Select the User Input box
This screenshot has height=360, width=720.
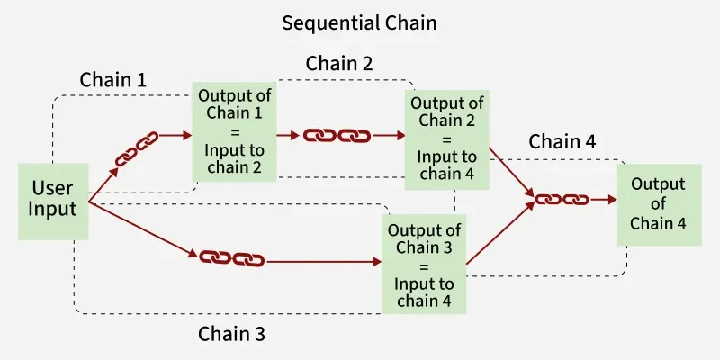click(x=53, y=201)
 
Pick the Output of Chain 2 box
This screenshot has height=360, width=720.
click(x=447, y=140)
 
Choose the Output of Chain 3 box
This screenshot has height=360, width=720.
click(x=424, y=264)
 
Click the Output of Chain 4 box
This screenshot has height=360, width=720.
click(x=658, y=203)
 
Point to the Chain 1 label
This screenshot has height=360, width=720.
click(x=113, y=79)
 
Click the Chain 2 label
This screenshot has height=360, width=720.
click(x=339, y=64)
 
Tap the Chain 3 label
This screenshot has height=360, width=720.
click(x=231, y=334)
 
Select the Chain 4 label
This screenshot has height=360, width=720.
click(x=562, y=141)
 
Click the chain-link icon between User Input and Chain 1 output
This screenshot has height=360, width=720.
click(x=137, y=149)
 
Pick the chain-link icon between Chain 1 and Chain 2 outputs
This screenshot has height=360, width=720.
click(x=337, y=136)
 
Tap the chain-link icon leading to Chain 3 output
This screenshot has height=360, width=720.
click(x=230, y=258)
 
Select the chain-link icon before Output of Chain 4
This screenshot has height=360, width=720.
click(x=562, y=199)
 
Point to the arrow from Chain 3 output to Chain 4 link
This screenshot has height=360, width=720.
click(x=498, y=236)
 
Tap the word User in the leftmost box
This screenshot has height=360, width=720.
click(x=53, y=188)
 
